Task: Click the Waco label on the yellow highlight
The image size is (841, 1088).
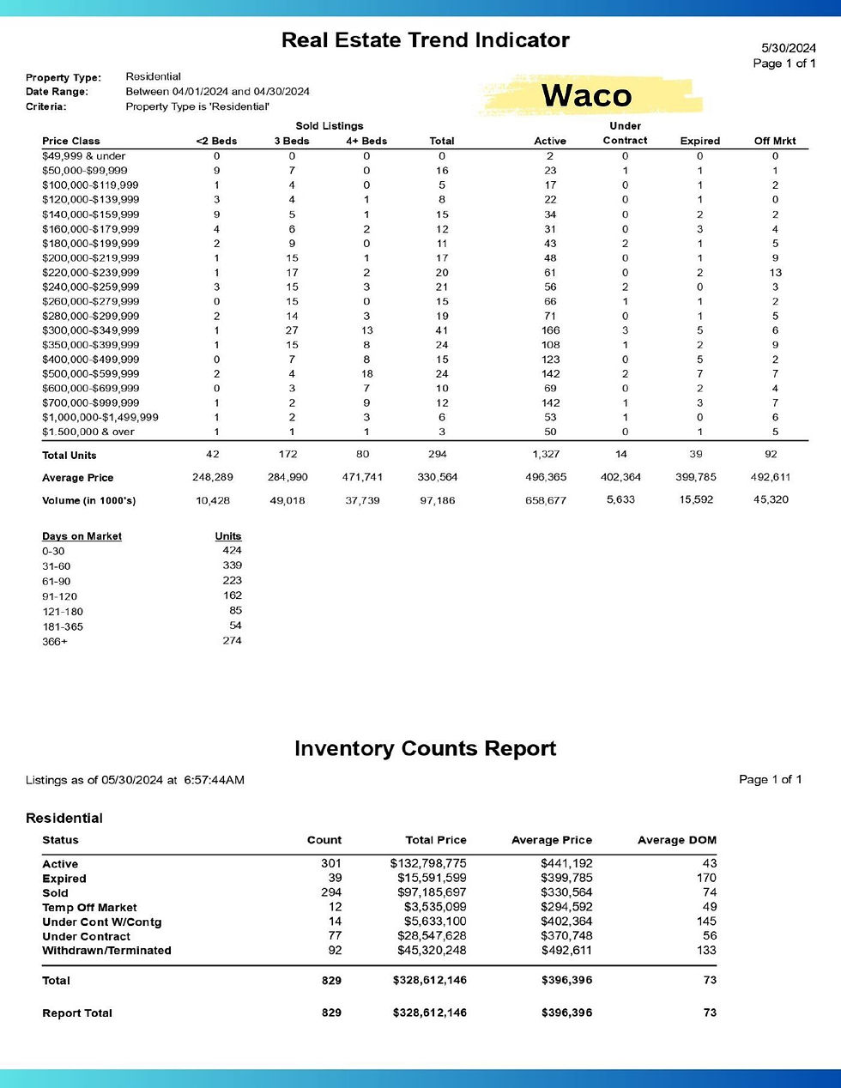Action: [x=587, y=95]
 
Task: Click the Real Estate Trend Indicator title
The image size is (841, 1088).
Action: [x=425, y=40]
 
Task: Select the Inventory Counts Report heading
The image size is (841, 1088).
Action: [x=425, y=748]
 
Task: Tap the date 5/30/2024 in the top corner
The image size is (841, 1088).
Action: [x=789, y=48]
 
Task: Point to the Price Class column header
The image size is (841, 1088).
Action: [x=71, y=141]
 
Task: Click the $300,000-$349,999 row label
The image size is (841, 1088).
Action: [x=90, y=330]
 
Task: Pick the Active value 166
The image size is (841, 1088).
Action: [x=550, y=330]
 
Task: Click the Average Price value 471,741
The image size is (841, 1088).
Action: [x=363, y=477]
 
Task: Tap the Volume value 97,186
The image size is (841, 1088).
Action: [x=438, y=500]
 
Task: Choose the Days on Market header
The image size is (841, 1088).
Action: [x=82, y=536]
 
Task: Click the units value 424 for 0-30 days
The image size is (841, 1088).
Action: [x=232, y=551]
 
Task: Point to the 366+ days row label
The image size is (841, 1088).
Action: [x=55, y=642]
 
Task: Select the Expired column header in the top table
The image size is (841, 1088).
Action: [x=699, y=141]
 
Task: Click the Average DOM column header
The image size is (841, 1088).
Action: [x=676, y=840]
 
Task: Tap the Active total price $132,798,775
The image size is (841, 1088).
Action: [x=428, y=863]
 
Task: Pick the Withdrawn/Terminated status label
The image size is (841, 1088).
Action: [x=106, y=951]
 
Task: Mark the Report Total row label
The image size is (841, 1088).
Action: [x=77, y=1013]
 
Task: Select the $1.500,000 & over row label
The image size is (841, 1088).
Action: [x=88, y=432]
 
